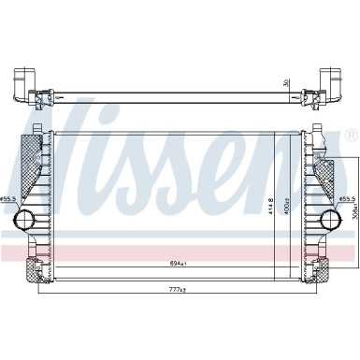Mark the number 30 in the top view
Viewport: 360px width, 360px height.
(287, 81)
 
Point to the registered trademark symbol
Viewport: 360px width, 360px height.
(349, 136)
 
